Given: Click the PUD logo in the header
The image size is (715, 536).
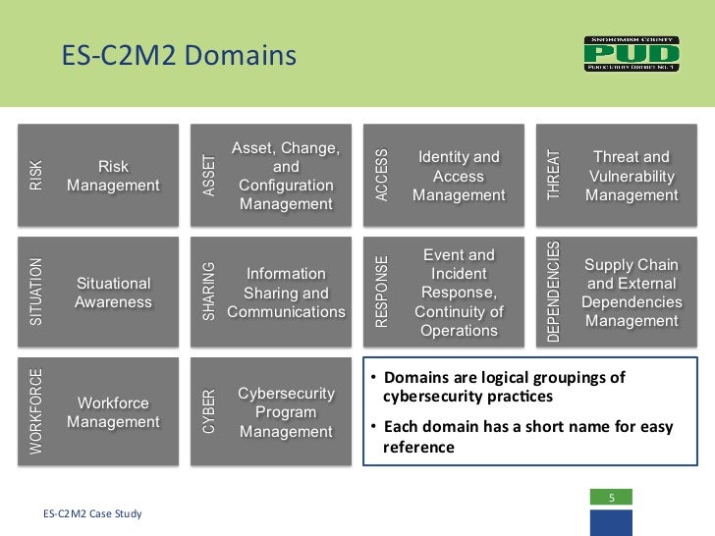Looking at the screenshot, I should (x=632, y=54).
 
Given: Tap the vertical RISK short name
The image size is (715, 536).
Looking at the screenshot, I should (x=36, y=176).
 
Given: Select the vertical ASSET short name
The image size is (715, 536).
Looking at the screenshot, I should (x=207, y=176).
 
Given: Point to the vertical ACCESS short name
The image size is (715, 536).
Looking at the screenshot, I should (x=382, y=176).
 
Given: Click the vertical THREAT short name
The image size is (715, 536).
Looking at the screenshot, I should (x=554, y=176).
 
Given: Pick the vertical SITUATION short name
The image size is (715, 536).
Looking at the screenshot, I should (x=36, y=292).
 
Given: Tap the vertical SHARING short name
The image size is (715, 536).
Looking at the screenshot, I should (x=207, y=292).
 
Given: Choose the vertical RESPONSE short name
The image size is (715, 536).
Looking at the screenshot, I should (x=382, y=292).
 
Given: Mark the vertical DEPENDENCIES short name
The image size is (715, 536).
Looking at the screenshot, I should (x=554, y=292).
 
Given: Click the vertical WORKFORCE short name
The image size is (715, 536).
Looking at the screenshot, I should (x=36, y=411).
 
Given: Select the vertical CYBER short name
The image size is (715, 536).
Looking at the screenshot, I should (x=207, y=411).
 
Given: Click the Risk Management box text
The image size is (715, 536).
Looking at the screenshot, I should (x=113, y=176).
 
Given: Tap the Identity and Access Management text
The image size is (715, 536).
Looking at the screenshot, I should (x=459, y=176).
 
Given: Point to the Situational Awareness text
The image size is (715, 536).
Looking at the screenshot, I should (x=113, y=293).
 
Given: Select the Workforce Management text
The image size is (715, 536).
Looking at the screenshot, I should (x=113, y=412).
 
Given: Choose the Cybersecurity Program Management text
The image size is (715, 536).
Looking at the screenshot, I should (x=287, y=412).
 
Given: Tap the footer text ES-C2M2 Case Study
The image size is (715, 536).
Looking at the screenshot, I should (x=93, y=513).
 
